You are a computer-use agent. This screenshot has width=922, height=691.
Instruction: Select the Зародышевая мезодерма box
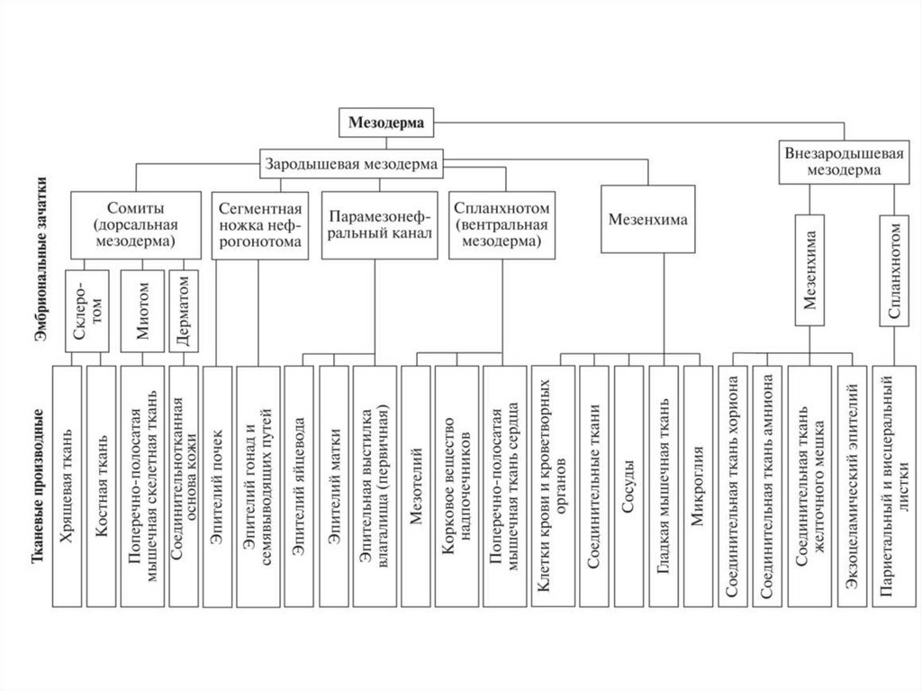[x=351, y=164]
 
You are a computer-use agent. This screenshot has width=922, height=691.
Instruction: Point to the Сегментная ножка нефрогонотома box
[x=258, y=225]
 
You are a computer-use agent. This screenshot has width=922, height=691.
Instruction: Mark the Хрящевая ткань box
[x=67, y=486]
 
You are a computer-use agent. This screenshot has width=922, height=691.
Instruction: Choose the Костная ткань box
[x=102, y=486]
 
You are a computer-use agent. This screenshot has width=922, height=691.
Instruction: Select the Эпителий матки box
[x=333, y=486]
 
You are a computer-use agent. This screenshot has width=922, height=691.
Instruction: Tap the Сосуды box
[x=629, y=486]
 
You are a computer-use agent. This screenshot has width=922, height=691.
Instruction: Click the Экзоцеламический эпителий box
[x=852, y=486]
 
